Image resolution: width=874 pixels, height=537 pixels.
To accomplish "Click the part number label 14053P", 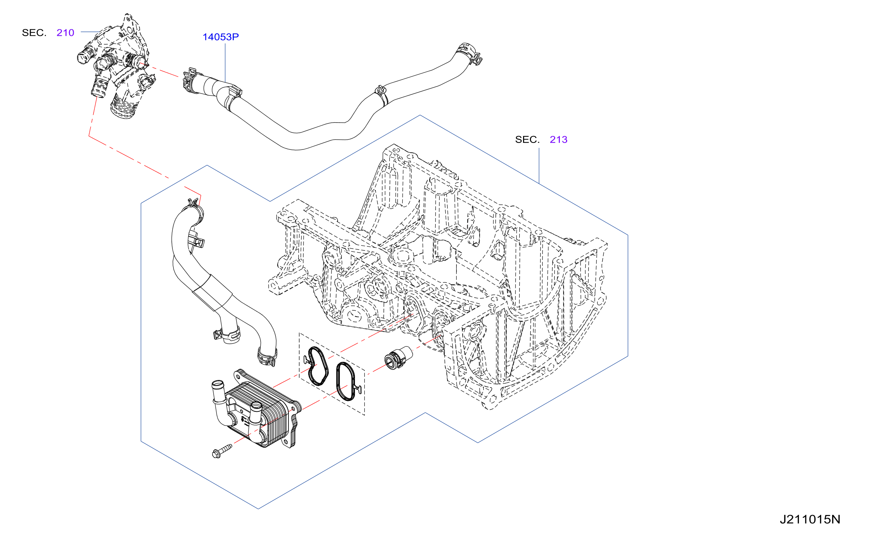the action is (x=220, y=37).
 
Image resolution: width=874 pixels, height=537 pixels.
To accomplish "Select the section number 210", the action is (x=65, y=33).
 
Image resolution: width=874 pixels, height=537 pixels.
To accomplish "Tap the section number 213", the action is (x=558, y=140).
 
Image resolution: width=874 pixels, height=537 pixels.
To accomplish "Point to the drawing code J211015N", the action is (x=810, y=520).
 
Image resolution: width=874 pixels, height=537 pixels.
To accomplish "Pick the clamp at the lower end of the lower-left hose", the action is (x=267, y=356).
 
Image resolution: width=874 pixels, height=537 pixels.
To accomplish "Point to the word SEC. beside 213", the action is (x=527, y=140).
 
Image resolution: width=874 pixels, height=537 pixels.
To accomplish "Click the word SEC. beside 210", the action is (x=34, y=33).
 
